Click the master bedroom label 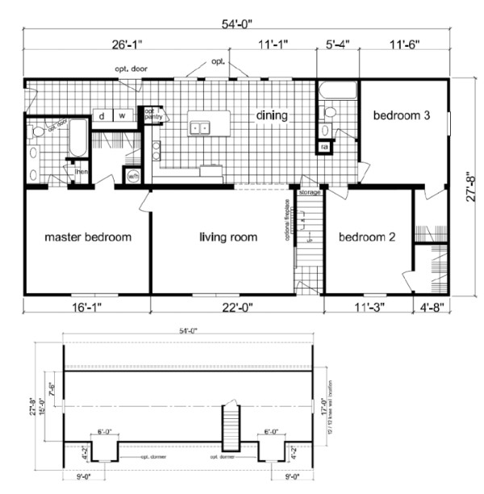[x=87, y=237]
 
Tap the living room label [x=228, y=237]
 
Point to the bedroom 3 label [x=400, y=115]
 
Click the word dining [x=272, y=115]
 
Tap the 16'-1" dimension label [x=84, y=306]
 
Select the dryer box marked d [x=102, y=116]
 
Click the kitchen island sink [x=198, y=127]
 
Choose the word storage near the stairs [x=309, y=193]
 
